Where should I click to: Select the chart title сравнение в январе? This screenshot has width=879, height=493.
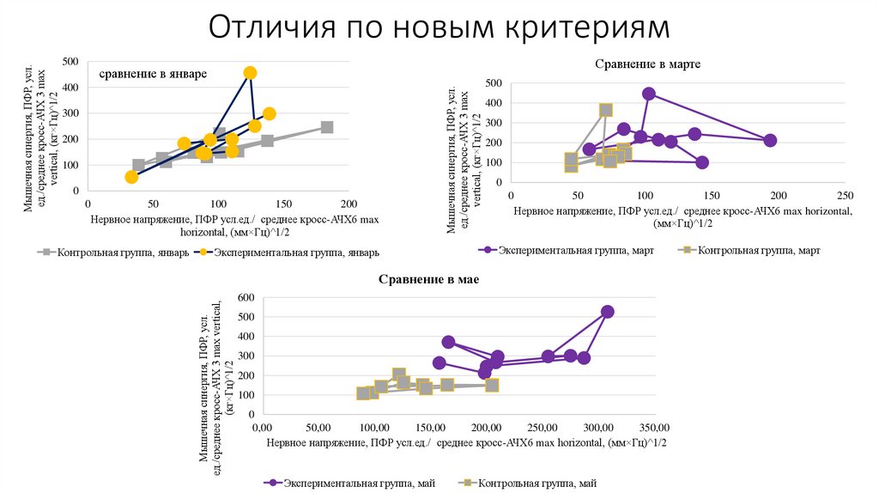[153, 74]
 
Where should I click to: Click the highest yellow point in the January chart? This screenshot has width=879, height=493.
[250, 73]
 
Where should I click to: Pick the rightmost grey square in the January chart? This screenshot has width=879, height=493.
[327, 127]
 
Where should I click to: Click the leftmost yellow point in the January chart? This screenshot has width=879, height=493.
[131, 177]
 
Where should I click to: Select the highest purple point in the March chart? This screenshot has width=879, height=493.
[649, 94]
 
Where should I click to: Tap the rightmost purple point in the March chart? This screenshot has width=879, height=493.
[770, 140]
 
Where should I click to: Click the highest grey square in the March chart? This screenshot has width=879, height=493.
[606, 110]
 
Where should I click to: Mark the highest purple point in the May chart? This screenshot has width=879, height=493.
[607, 312]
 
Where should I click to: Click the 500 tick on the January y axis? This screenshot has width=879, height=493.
[71, 62]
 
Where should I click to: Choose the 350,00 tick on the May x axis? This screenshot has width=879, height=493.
[654, 427]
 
